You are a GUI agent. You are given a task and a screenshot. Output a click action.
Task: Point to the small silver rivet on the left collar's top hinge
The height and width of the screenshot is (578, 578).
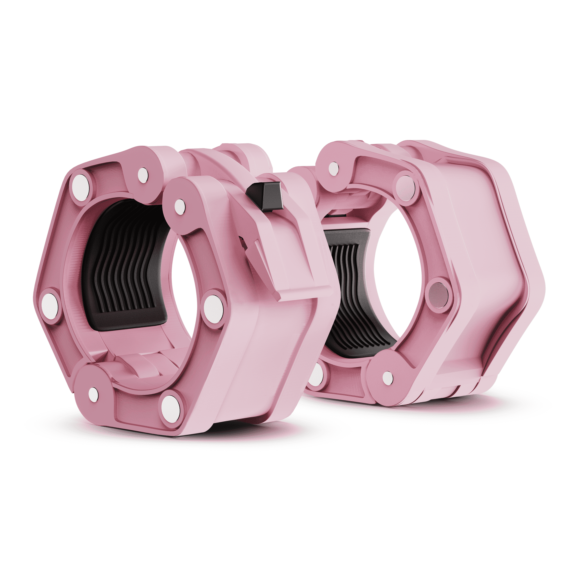(143, 175)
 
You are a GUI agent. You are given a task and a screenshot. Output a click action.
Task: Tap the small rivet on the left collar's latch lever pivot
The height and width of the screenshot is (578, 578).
(180, 205)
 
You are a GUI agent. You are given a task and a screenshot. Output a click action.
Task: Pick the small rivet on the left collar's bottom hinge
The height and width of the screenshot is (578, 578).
(93, 394)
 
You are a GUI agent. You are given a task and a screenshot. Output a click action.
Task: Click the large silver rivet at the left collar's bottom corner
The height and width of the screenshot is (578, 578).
(170, 409)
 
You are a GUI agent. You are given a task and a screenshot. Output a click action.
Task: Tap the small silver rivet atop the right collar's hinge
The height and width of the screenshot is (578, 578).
(333, 169)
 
